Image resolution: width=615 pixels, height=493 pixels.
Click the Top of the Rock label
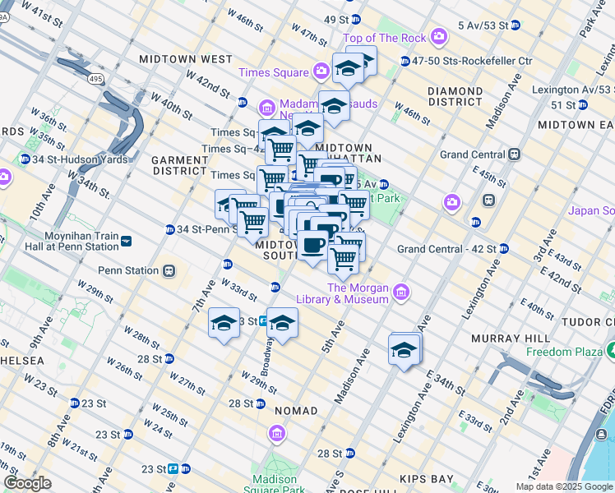tap(386, 38)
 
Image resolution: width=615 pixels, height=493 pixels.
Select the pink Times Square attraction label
tap(274, 72)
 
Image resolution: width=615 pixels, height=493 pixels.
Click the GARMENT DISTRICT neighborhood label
tap(179, 164)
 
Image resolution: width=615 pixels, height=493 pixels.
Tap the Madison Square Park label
tap(275, 484)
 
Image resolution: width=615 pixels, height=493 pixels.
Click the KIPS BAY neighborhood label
tap(426, 477)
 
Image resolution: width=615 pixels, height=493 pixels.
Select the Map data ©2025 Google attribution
tap(564, 486)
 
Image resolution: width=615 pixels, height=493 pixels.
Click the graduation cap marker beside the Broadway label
tap(282, 323)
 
